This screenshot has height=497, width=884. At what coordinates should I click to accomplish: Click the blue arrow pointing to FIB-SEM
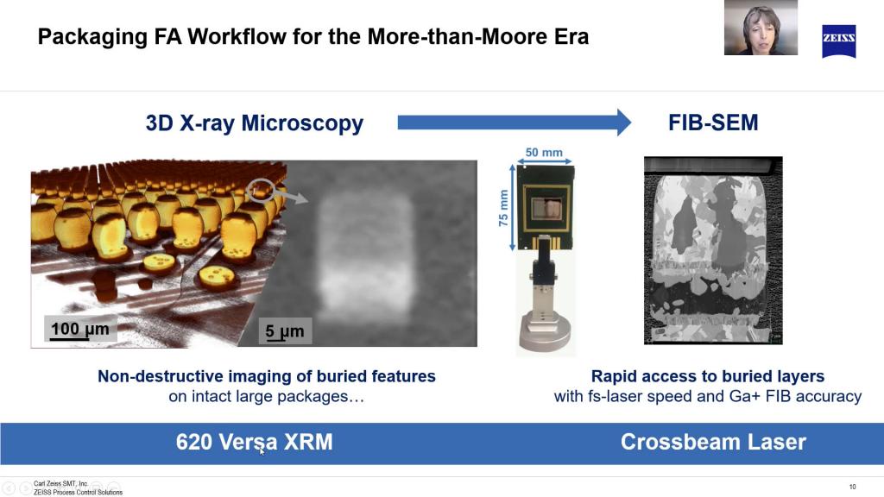[x=514, y=123]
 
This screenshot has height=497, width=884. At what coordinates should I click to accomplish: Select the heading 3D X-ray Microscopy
[x=255, y=123]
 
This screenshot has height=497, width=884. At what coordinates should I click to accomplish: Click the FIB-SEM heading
[x=713, y=123]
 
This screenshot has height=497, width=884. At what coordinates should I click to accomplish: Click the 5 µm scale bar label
[x=285, y=330]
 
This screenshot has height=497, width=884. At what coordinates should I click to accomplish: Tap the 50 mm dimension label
[x=543, y=153]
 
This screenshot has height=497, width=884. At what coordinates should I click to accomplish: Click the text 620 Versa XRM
[x=254, y=443]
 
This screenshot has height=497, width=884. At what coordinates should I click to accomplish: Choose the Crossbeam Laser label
[x=713, y=443]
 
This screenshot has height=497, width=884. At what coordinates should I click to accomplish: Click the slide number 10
[x=852, y=488]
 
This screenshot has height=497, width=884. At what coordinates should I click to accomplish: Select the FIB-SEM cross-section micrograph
[x=713, y=251]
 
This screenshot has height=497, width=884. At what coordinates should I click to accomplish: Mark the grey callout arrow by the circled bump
[x=296, y=198]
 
